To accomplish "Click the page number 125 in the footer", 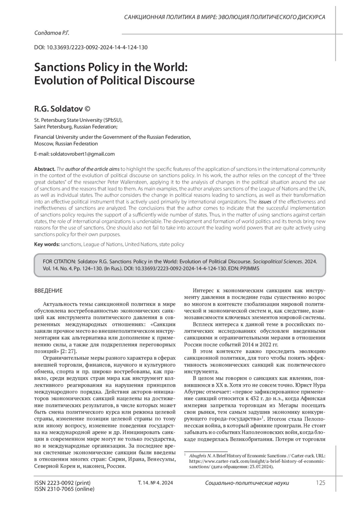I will click(x=320, y=483).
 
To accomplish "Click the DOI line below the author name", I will click(x=91, y=47).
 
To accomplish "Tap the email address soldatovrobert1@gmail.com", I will click(x=82, y=154).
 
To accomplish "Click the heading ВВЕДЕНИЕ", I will click(x=48, y=291).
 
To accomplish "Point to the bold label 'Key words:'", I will click(x=47, y=244).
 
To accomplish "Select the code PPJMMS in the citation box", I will click(x=249, y=268).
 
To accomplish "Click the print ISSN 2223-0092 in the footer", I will click(x=62, y=483).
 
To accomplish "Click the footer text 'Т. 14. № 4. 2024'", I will click(x=155, y=483).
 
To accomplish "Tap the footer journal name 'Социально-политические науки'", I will click(x=247, y=483).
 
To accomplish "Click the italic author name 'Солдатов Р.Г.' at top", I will click(x=52, y=33).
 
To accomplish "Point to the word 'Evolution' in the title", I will click(x=60, y=80).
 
